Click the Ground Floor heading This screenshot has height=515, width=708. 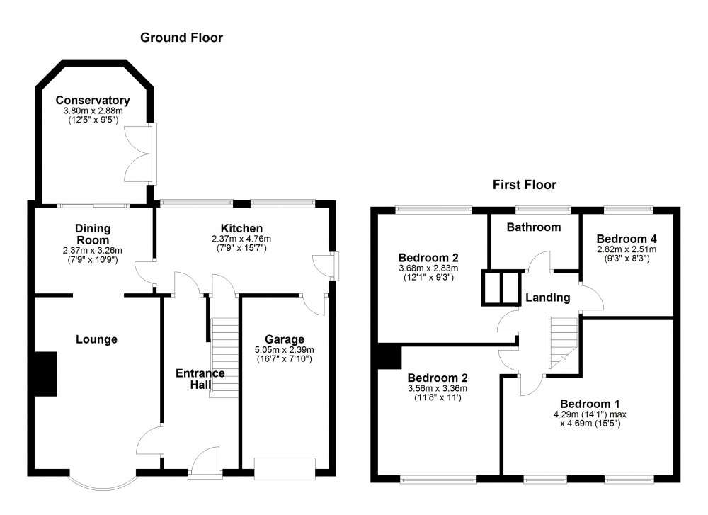[181, 38]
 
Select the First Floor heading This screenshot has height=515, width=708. [525, 185]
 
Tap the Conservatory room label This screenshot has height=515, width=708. [93, 100]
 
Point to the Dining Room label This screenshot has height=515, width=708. [89, 234]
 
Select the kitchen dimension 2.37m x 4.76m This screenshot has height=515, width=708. [241, 239]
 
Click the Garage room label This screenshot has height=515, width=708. [284, 339]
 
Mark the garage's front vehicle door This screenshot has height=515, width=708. [285, 468]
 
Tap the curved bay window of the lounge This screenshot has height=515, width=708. [102, 482]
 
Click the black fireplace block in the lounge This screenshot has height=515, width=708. [46, 373]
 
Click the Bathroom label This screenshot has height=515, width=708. [534, 227]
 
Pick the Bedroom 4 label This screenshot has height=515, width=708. [626, 238]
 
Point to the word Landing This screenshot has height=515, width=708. [547, 298]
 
